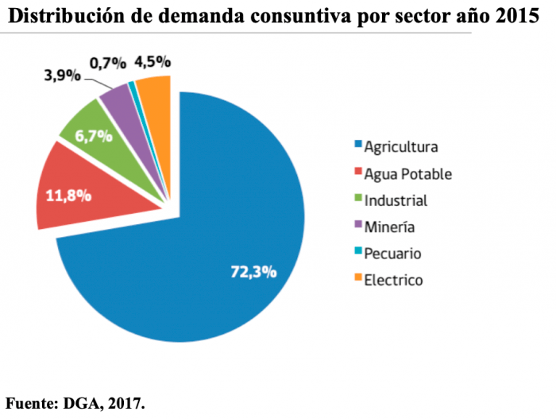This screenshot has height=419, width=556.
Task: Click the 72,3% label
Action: [253, 272]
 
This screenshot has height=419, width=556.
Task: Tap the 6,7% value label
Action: [94, 135]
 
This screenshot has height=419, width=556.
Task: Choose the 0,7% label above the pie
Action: [106, 61]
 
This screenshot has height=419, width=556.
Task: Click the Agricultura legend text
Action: [400, 146]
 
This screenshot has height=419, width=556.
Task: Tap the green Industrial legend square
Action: [358, 199]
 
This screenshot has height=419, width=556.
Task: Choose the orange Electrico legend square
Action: [358, 279]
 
